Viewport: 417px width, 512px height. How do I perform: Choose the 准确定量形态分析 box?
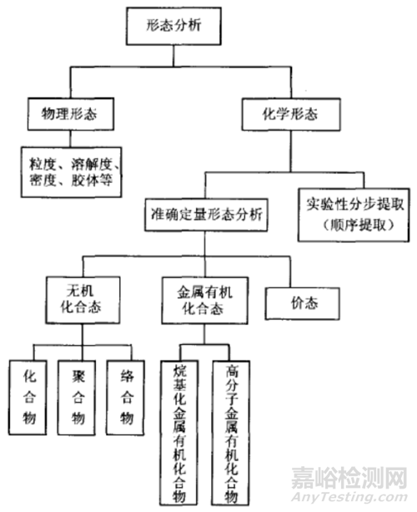point(205,214)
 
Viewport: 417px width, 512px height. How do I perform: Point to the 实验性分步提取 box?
point(351,215)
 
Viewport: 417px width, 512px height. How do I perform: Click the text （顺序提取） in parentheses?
point(351,226)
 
